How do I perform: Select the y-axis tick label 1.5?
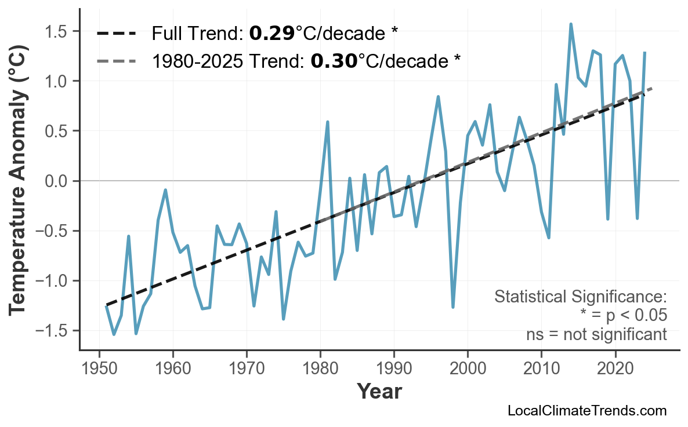[x=57, y=31]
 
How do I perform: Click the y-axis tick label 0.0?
[x=57, y=181]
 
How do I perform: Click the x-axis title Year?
[x=378, y=392]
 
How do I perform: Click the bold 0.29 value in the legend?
[x=271, y=34]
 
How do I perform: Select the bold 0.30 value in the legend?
[x=334, y=60]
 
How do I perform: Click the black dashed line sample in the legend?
[x=116, y=34]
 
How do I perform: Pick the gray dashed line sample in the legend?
[x=116, y=60]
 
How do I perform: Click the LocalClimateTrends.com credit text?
[x=587, y=411]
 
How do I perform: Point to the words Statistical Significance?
[x=580, y=297]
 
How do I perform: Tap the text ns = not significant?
[x=596, y=334]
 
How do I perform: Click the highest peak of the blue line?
[x=571, y=24]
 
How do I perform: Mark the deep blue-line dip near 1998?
[x=453, y=307]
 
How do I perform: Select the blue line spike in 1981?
[x=328, y=122]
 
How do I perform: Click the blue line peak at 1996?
[x=438, y=97]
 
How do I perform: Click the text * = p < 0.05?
[x=623, y=316]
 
